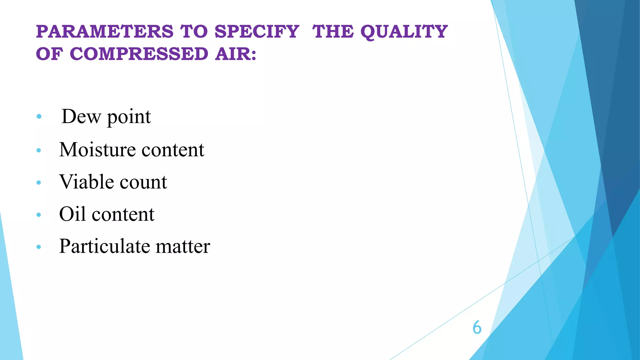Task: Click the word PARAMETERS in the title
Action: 105,32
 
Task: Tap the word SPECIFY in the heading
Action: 257,32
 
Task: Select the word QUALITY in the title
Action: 404,32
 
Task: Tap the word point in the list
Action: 129,117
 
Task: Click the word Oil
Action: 72,214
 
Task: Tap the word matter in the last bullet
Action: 183,246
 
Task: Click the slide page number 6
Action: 477,327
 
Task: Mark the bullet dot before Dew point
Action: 39,117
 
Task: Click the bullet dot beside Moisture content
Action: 39,150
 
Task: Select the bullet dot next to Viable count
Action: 39,182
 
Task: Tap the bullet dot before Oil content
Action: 39,215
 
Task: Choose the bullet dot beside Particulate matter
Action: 39,247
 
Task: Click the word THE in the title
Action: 333,32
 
